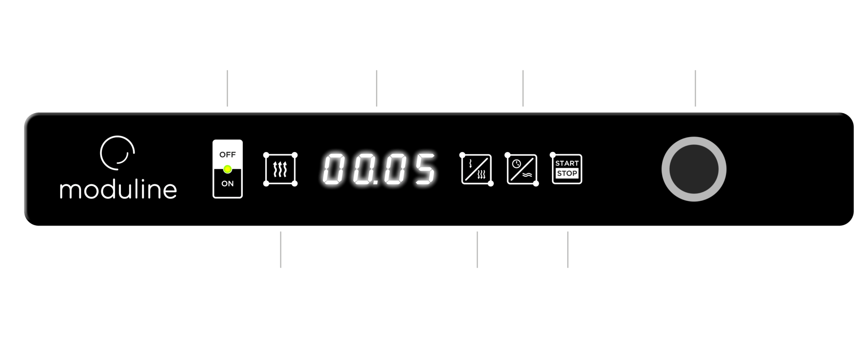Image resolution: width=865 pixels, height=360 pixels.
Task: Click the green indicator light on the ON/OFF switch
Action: click(228, 169)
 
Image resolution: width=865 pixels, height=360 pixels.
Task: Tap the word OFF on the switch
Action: click(227, 155)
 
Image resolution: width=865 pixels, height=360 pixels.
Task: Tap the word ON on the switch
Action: click(227, 183)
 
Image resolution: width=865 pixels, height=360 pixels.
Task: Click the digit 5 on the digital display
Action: click(424, 169)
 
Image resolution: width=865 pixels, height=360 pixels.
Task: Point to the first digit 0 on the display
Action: click(334, 169)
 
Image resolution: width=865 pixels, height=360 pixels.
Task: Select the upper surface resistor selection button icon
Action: click(476, 169)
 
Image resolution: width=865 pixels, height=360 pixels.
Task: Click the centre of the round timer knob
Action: click(694, 169)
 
